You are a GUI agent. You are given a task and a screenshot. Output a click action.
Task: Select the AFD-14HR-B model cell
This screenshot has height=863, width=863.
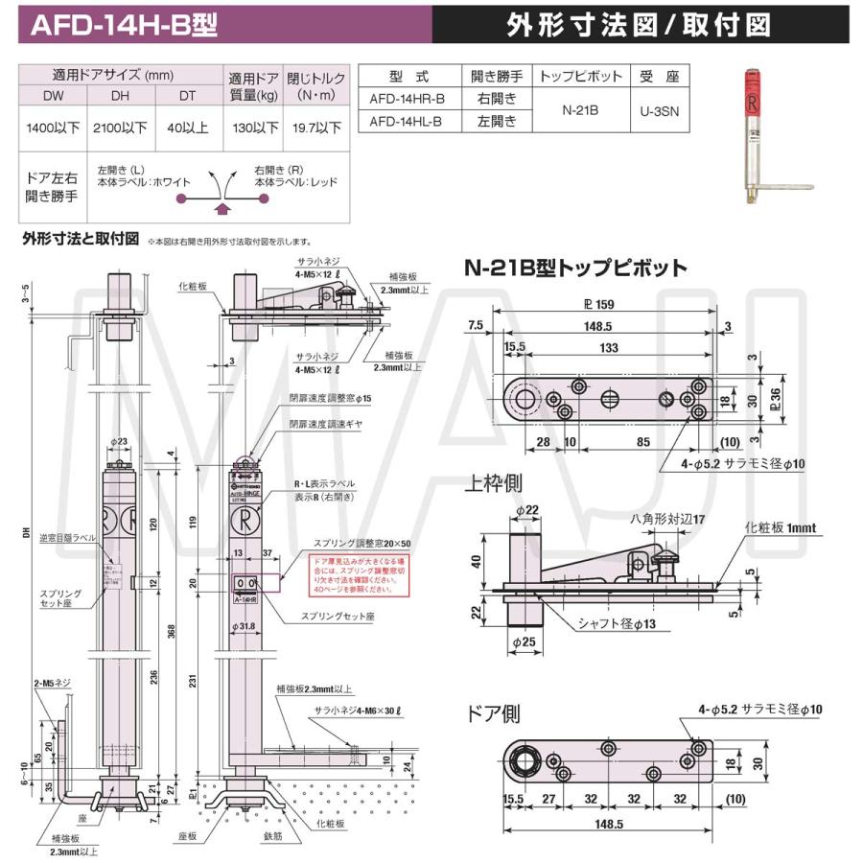[x=407, y=99]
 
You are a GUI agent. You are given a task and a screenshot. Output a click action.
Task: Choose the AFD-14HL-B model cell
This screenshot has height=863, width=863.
[x=407, y=121]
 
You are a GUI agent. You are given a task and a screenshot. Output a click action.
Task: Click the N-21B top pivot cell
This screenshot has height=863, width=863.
[x=579, y=110]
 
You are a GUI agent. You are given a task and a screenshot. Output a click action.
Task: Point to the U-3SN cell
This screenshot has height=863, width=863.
[x=659, y=110]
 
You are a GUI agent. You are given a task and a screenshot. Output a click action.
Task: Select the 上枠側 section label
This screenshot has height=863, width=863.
[x=495, y=481]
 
